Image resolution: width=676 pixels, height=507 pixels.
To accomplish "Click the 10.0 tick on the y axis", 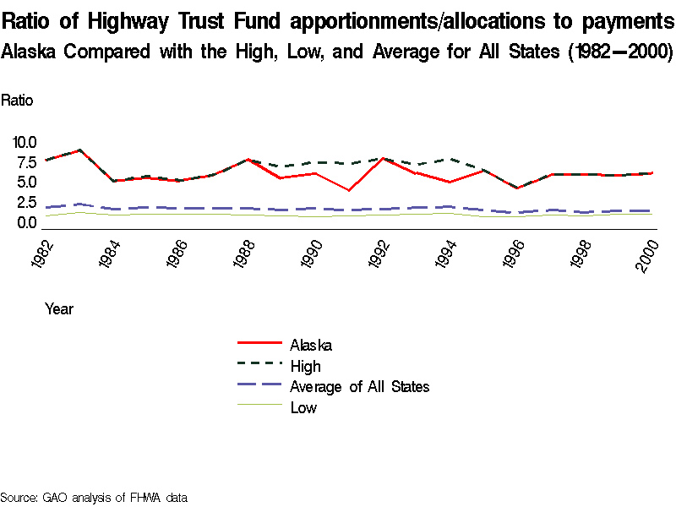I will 24,142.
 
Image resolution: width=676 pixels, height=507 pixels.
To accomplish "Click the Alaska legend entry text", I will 310,345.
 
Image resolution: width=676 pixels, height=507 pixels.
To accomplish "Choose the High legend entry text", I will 305,366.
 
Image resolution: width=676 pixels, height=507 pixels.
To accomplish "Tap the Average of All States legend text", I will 359,387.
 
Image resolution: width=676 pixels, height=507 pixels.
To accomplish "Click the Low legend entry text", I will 303,408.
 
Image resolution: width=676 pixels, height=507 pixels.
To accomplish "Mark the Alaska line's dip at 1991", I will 348,190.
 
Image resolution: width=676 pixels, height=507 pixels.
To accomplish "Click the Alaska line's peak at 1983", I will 79,150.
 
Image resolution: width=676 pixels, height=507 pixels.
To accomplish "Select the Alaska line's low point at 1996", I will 516,188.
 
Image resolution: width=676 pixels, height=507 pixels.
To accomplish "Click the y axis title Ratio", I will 17,100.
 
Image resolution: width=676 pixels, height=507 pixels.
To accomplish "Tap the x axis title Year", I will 59,308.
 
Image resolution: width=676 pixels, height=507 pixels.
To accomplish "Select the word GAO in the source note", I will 54,497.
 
